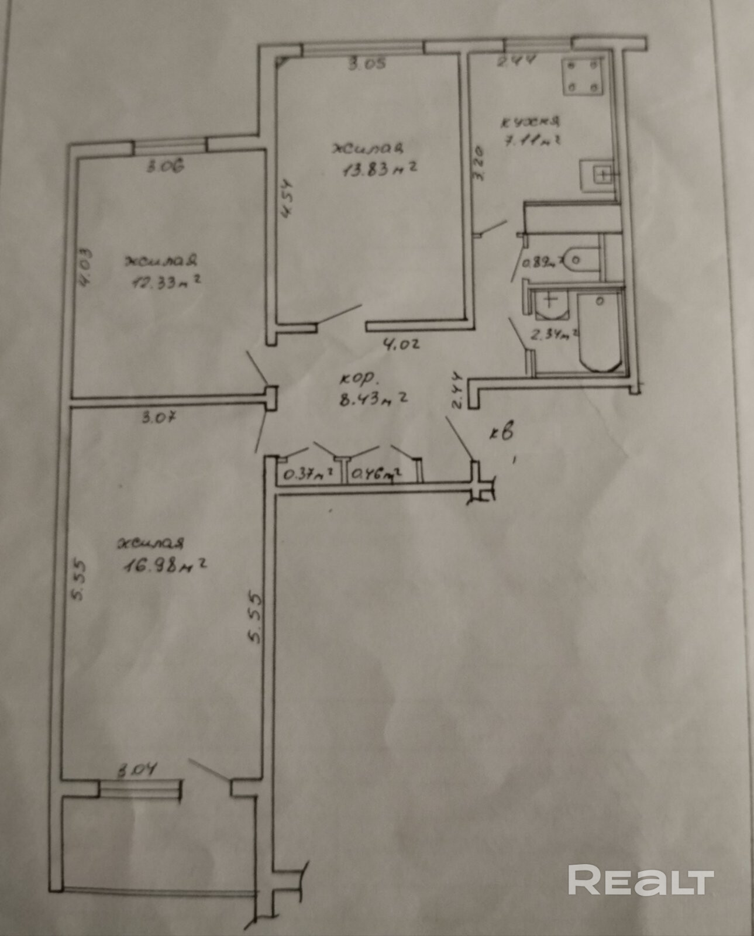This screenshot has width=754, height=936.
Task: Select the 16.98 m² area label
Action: [x=166, y=566]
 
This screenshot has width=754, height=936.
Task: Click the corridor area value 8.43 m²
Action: [x=373, y=400]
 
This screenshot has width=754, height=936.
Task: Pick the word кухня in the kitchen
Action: [x=531, y=122]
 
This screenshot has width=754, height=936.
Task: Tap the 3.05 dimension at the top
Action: [x=367, y=64]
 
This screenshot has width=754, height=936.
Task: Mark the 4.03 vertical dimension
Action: [x=85, y=268]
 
